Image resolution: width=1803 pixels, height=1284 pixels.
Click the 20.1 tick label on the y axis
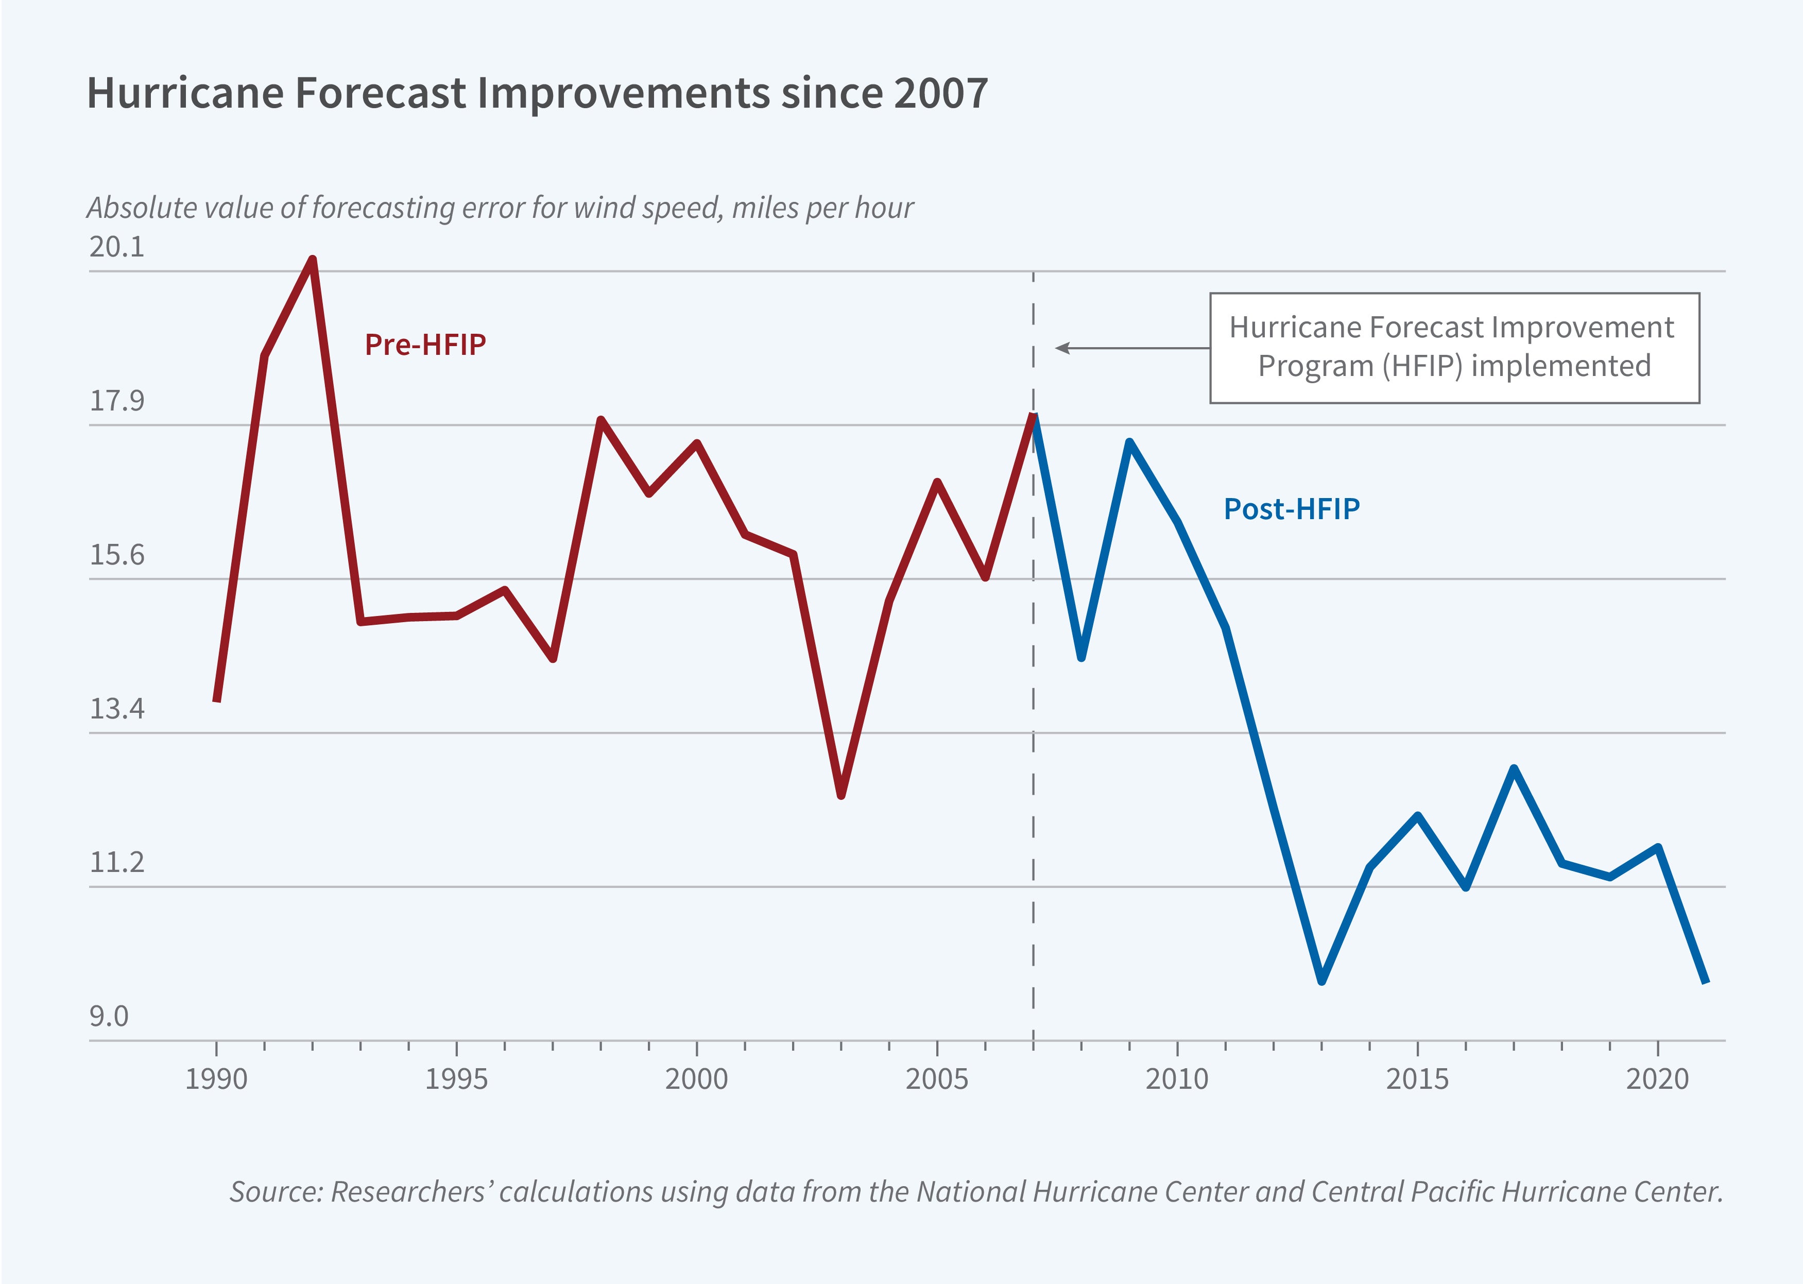[x=117, y=247]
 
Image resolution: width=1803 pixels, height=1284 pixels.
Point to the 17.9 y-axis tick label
[x=117, y=401]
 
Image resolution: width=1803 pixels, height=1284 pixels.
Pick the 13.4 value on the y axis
[x=117, y=708]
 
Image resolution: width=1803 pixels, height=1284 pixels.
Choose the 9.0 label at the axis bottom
[x=109, y=1016]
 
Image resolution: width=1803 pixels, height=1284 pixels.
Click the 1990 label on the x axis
[x=216, y=1078]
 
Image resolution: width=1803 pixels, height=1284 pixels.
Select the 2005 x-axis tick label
[x=937, y=1078]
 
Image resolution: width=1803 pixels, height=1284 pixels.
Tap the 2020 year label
[x=1657, y=1078]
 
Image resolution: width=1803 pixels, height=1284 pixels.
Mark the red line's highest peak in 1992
[x=313, y=260]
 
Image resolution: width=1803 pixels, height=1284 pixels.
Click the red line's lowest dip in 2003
[x=841, y=795]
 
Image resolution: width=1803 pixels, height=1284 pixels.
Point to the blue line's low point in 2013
[x=1321, y=981]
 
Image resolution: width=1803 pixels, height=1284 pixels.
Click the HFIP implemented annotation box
[x=1454, y=348]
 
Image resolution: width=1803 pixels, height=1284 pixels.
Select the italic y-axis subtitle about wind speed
[x=500, y=208]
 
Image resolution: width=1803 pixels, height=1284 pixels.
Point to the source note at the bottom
[x=975, y=1191]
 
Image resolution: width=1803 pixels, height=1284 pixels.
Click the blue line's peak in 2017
[x=1514, y=768]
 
